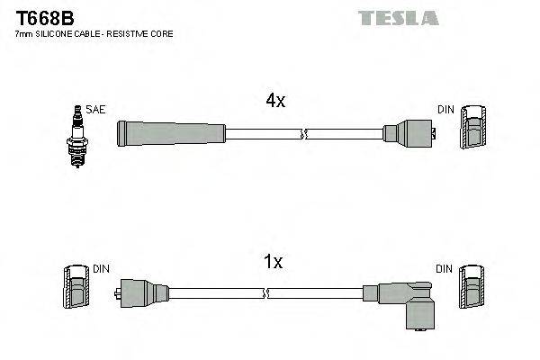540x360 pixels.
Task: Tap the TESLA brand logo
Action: pyautogui.click(x=398, y=18)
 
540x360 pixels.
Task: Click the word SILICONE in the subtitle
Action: pyautogui.click(x=56, y=33)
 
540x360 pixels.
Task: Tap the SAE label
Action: pyautogui.click(x=96, y=110)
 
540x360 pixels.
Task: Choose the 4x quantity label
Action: pyautogui.click(x=274, y=102)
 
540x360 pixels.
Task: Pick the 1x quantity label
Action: pyautogui.click(x=273, y=262)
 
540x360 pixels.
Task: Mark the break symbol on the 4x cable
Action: pyautogui.click(x=303, y=134)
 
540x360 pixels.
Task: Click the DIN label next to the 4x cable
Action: pyautogui.click(x=445, y=110)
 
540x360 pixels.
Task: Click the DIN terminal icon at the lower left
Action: pyautogui.click(x=76, y=289)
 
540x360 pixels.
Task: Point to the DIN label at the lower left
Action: pyautogui.click(x=101, y=269)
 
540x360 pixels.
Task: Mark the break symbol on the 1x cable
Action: pyautogui.click(x=267, y=292)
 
